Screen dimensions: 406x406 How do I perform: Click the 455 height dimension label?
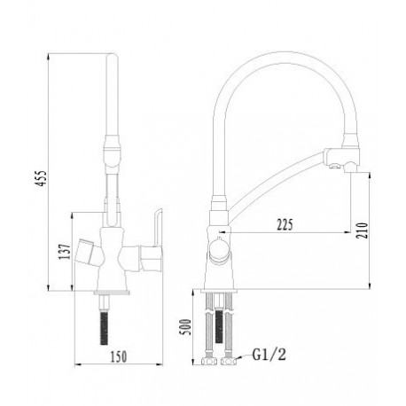pos(42,178)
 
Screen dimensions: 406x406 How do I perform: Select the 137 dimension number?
pos(65,252)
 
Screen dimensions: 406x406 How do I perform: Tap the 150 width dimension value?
pos(119,356)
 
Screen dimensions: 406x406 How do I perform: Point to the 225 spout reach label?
pos(285,224)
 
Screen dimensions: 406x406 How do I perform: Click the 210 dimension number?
pos(363,230)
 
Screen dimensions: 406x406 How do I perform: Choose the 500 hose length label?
pos(185,327)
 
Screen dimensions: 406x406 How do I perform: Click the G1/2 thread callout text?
pos(269,355)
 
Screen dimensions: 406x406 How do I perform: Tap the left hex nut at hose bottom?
pos(208,361)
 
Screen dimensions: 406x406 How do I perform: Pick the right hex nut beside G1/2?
pos(229,361)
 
